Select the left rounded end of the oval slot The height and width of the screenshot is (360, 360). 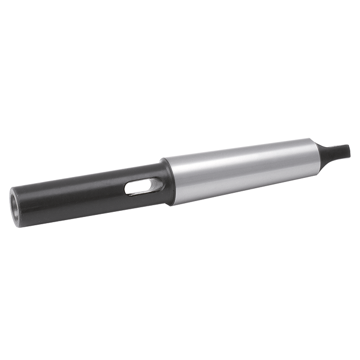coord(127,190)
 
